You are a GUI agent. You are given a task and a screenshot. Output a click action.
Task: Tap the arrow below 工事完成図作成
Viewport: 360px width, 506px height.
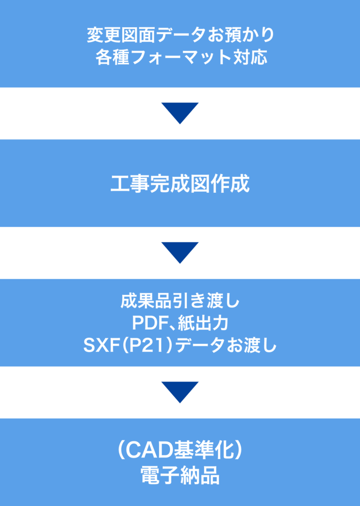point(180,252)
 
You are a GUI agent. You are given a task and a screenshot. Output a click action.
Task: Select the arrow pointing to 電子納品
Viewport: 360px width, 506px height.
point(180,391)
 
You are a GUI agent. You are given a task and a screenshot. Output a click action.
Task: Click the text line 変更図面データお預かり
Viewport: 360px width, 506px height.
point(180,35)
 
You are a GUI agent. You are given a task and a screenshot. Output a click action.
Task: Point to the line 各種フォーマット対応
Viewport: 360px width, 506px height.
point(180,57)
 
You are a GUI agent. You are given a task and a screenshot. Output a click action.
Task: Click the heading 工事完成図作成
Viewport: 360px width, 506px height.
point(180,183)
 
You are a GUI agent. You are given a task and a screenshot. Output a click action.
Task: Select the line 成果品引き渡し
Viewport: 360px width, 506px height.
point(180,301)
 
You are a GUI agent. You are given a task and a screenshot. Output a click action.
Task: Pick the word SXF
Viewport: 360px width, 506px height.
point(99,345)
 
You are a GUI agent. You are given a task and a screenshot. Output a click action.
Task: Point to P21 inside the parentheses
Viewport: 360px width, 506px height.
point(142,345)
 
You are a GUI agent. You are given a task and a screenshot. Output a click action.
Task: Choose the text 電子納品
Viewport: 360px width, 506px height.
point(180,476)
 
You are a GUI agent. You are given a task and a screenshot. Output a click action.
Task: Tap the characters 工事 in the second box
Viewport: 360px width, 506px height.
point(127,183)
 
